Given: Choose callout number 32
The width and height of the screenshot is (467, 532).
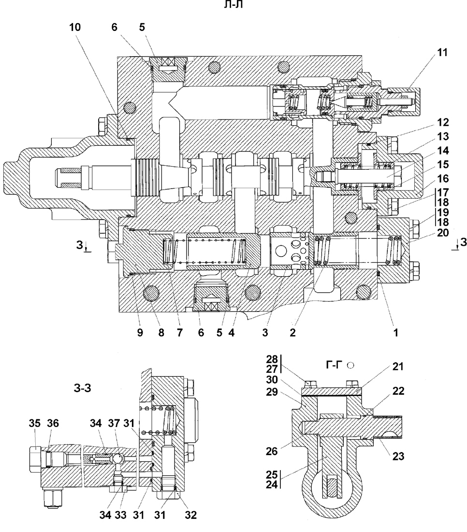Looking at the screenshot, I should point(191,515).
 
